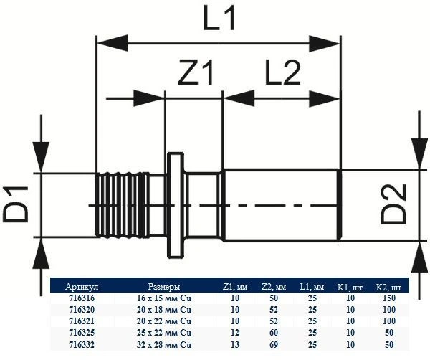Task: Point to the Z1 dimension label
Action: pyautogui.click(x=196, y=73)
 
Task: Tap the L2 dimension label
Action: pyautogui.click(x=283, y=72)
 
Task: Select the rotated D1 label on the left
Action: pyautogui.click(x=16, y=204)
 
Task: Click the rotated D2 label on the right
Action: pyautogui.click(x=393, y=204)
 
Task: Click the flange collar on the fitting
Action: pyautogui.click(x=176, y=205)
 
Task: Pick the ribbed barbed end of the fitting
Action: pyautogui.click(x=123, y=204)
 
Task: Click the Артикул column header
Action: pyautogui.click(x=82, y=287)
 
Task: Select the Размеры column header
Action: pyautogui.click(x=164, y=287)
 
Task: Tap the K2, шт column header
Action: pyautogui.click(x=388, y=288)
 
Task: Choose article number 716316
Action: pyautogui.click(x=82, y=298)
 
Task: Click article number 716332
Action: pyautogui.click(x=82, y=344)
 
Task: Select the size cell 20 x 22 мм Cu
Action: pyautogui.click(x=164, y=321)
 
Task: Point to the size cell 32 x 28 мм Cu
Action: pyautogui.click(x=164, y=344)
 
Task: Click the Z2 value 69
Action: pyautogui.click(x=274, y=344)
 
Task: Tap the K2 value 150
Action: pyautogui.click(x=389, y=298)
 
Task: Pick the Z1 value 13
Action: pyautogui.click(x=235, y=344)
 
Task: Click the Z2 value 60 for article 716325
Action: pyautogui.click(x=274, y=333)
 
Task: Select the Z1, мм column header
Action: pyautogui.click(x=235, y=288)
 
